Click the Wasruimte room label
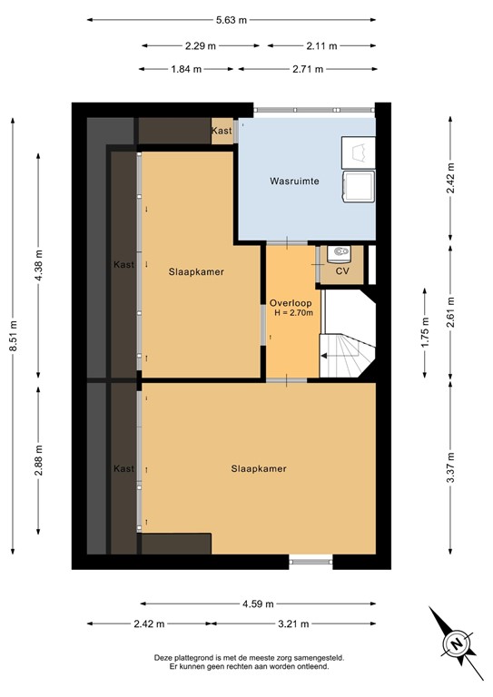pos(294,182)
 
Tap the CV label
pos(342,270)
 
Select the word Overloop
pos(291,302)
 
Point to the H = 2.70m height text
pos(292,314)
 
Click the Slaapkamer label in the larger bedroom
pos(259,469)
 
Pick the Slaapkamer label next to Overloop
pos(196,271)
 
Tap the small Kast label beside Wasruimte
pos(221,132)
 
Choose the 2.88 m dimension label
pos(37,459)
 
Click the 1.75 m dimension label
pos(426,331)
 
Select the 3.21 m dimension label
pos(292,623)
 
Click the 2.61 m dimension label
pos(452,313)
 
